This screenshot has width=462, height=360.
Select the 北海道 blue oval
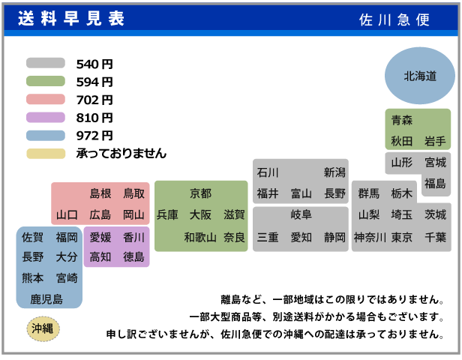420,76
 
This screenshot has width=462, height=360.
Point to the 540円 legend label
94,64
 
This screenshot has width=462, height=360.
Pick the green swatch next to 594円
46,82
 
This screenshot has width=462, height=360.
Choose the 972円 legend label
94,136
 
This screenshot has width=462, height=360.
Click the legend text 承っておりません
121,154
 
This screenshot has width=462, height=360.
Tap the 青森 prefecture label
402,120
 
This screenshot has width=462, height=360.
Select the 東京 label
402,237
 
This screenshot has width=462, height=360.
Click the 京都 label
200,193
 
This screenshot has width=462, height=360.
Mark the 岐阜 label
301,215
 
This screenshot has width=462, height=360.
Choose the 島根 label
100,193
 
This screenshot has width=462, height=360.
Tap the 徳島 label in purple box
133,256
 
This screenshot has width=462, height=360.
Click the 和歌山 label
200,237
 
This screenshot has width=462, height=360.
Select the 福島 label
435,183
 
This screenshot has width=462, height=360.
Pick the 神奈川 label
369,237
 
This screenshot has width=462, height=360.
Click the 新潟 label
334,172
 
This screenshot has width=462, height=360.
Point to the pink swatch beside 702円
46,100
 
